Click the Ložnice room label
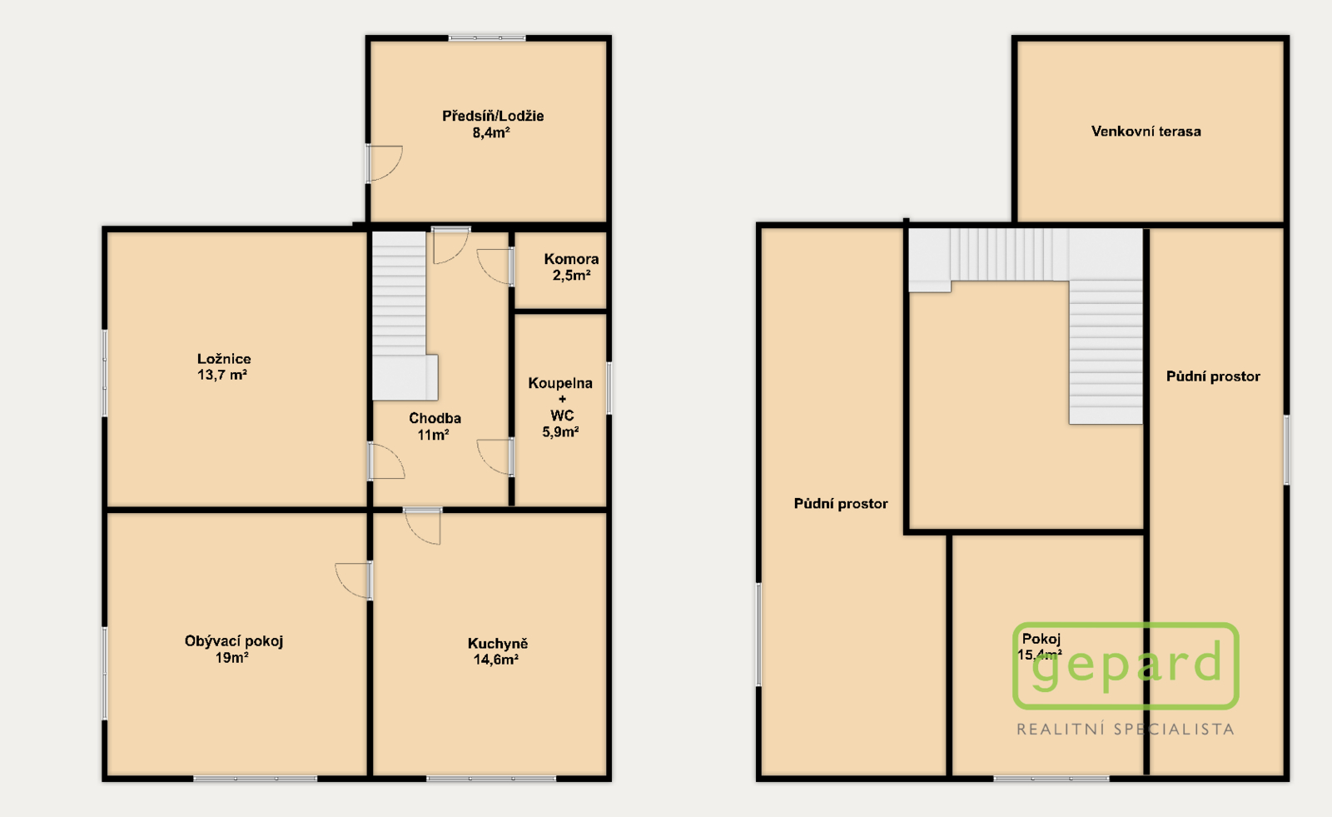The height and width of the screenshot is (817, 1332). point(224,359)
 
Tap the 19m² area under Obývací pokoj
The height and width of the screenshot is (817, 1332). point(232,658)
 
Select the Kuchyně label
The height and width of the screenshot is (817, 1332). point(498,643)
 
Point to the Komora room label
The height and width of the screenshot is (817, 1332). point(571,259)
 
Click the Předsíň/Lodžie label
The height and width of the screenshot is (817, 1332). point(492,116)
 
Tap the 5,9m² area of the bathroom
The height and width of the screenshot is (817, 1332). point(560,432)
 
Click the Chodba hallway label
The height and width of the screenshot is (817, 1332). point(435,418)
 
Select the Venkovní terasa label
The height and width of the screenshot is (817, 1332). point(1146,132)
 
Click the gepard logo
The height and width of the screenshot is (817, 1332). point(1126,666)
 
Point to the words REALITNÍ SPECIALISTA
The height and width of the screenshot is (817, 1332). point(1125,730)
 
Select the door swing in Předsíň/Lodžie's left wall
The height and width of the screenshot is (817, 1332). point(384,163)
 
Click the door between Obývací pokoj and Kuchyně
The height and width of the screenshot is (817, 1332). point(354,580)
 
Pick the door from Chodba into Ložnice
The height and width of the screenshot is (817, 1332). point(386,461)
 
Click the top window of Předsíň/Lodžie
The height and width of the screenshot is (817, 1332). point(487,38)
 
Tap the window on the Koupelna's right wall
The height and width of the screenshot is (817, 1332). point(609,388)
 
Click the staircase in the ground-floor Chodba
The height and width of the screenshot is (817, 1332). point(405,316)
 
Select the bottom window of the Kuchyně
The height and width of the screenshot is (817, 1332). point(491,779)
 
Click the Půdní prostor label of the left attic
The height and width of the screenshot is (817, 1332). point(841,504)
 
